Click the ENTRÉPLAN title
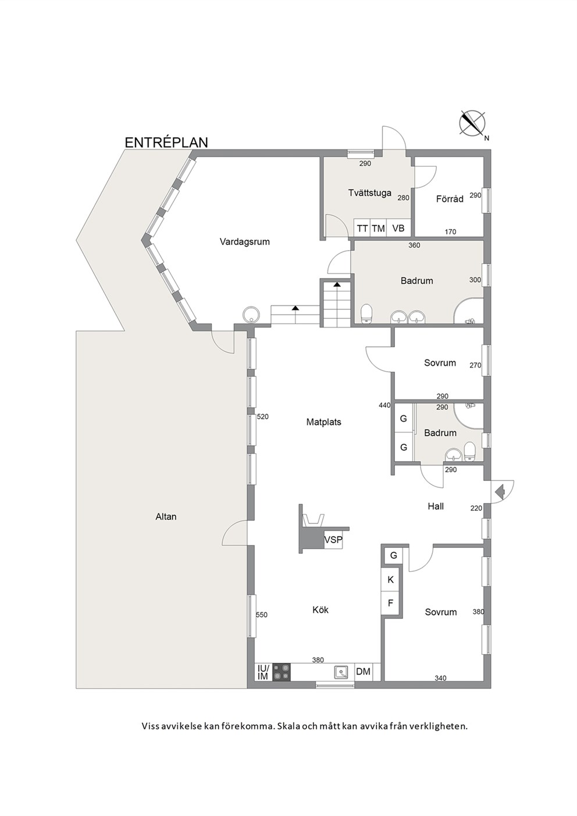166,142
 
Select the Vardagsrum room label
244,241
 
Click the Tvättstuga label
369,193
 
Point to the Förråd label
450,199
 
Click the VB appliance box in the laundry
398,229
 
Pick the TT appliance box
362,229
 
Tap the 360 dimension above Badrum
414,245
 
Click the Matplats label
323,422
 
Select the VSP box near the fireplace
333,540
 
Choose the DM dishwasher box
363,671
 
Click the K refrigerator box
390,580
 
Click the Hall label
436,506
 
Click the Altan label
166,516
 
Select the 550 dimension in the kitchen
262,615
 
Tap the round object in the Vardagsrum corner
251,314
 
